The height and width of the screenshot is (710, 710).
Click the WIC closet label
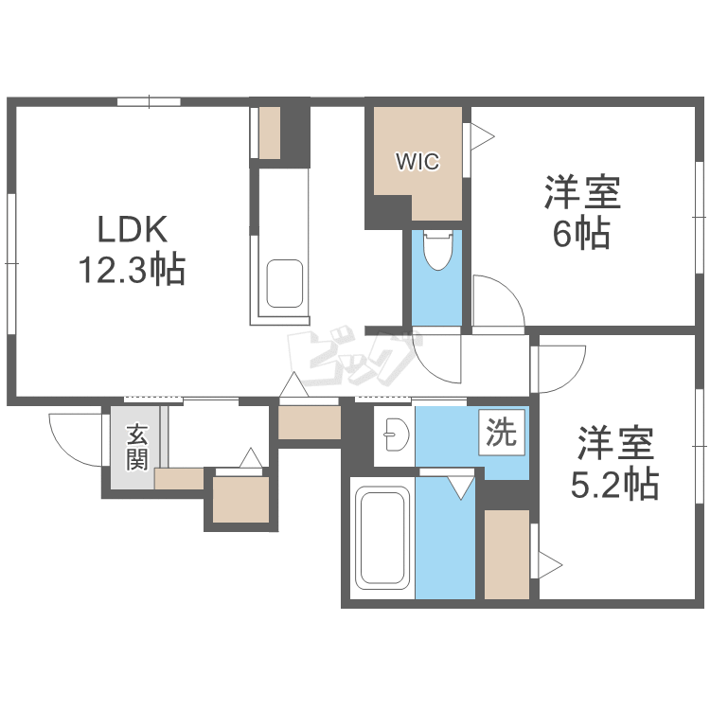pos(417,162)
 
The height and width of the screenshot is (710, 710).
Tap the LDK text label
pos(133,229)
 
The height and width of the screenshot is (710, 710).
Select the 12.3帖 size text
pos(133,270)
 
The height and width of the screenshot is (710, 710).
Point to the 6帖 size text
pos(581,234)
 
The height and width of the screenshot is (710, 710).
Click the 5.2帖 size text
pos(614,484)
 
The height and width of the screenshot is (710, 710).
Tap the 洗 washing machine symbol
pos(502,432)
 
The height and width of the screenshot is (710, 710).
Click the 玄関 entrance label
pos(136,447)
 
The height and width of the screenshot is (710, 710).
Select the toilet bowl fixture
pos(437,250)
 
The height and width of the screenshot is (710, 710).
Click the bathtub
pos(382,537)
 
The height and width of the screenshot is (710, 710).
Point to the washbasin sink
pos(396,435)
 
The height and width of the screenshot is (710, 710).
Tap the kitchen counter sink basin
pos(284,284)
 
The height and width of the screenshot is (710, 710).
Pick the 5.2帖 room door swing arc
pos(568,378)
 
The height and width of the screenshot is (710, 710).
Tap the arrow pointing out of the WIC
pos(482,135)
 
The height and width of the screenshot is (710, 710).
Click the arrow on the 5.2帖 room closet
pos(550,565)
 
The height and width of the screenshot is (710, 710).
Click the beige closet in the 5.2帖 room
pos(506,554)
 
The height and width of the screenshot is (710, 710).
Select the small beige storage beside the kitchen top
pos(270,133)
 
